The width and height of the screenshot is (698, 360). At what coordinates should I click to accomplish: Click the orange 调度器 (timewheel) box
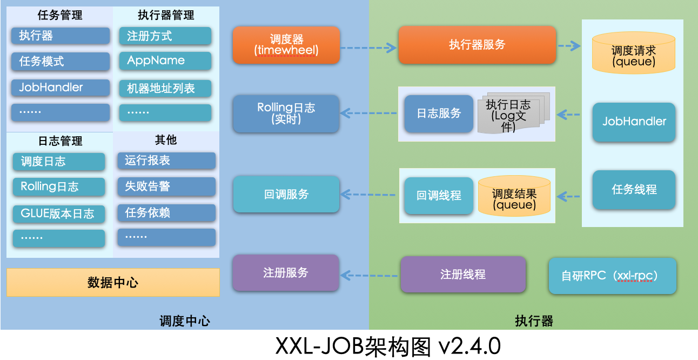[286, 45]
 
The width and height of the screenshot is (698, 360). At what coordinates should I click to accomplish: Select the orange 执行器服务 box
[477, 45]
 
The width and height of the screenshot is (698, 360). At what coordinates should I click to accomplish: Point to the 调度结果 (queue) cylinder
[514, 195]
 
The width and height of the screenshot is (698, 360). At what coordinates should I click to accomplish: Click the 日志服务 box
[439, 114]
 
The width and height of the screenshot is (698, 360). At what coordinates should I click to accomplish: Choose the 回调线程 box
[439, 195]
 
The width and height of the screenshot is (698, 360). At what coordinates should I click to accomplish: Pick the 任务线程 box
[634, 190]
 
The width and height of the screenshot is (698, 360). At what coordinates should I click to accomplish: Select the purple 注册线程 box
[463, 275]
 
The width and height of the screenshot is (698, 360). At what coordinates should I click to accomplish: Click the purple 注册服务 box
[286, 272]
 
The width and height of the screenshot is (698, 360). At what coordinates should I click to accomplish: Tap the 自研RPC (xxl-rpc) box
[612, 276]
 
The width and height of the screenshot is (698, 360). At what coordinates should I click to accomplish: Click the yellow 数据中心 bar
[113, 282]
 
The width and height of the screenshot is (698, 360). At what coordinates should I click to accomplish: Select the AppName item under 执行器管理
[165, 61]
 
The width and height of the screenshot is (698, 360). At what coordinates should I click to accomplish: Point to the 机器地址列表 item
[165, 88]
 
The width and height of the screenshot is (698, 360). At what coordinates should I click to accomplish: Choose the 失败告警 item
[166, 186]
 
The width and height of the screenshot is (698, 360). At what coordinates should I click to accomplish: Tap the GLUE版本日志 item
[59, 214]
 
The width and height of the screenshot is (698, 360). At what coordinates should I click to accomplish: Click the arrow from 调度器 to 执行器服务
[369, 48]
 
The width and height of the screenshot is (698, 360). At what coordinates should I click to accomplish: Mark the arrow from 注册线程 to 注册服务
[370, 276]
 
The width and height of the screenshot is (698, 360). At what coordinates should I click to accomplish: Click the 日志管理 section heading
[60, 141]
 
